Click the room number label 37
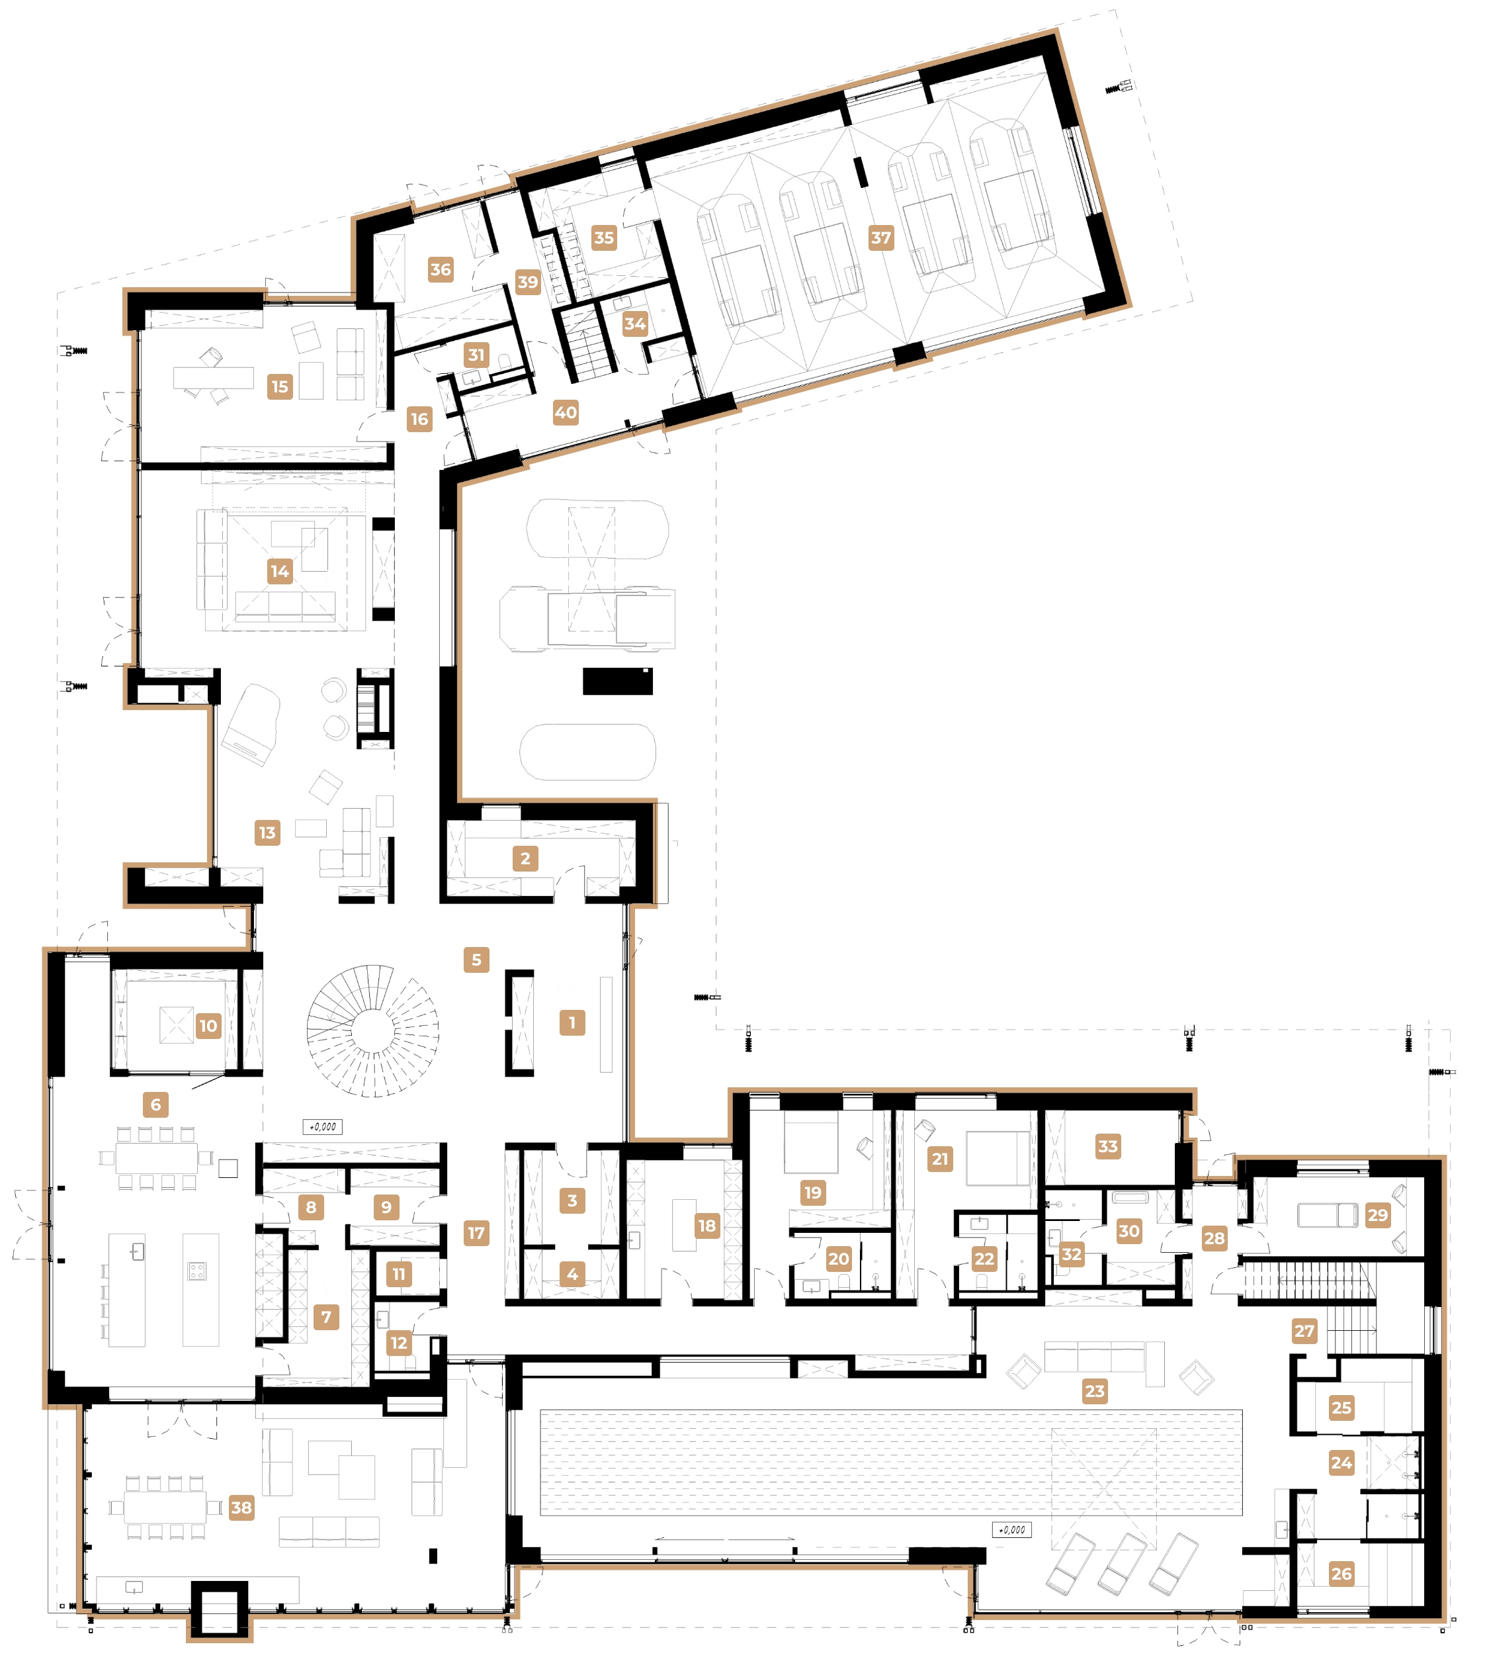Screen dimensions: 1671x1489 (880, 238)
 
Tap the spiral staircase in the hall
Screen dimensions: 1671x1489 (373, 1030)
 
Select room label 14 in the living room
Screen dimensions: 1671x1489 (280, 571)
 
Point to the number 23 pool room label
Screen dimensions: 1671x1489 (1094, 1390)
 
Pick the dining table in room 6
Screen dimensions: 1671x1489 (156, 1158)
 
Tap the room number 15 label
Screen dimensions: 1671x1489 (280, 386)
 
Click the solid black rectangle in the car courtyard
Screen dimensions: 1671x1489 (618, 681)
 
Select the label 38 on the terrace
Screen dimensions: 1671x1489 (241, 1508)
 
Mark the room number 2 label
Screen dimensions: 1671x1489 (525, 858)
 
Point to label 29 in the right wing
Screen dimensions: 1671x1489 (1378, 1215)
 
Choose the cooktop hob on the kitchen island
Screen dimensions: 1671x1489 (197, 1271)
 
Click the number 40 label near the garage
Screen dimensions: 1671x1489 (566, 412)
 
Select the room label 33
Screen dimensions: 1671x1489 (1108, 1146)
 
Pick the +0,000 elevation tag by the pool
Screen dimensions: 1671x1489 (1011, 1529)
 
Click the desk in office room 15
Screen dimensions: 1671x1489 (214, 377)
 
